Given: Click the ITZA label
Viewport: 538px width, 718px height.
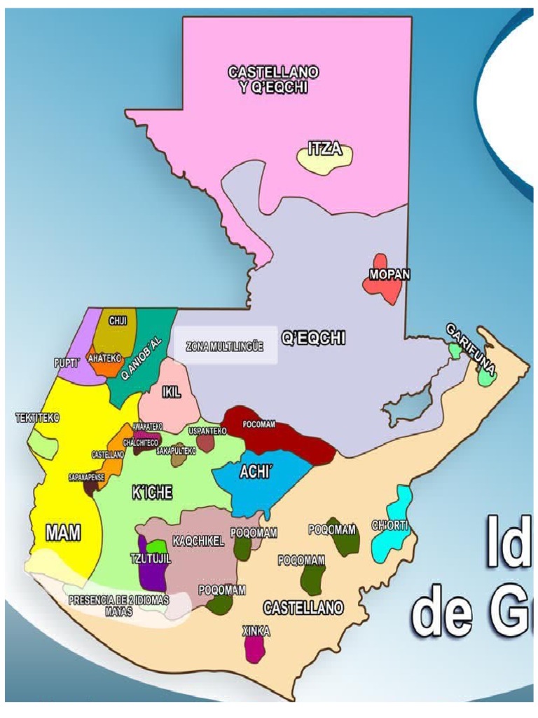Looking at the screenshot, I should [324, 149].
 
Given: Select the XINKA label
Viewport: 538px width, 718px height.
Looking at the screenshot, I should [256, 631].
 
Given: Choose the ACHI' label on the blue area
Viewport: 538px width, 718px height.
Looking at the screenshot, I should [255, 472].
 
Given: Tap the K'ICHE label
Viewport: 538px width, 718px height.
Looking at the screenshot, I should [152, 493].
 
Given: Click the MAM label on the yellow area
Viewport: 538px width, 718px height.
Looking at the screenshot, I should [63, 532].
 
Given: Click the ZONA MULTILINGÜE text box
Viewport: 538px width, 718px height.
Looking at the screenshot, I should [225, 346].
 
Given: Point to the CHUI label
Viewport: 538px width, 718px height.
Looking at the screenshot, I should [117, 320].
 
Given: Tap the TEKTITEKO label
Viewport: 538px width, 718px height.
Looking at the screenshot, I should [38, 418].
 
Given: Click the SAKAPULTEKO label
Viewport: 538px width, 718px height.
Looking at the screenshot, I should [176, 451].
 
